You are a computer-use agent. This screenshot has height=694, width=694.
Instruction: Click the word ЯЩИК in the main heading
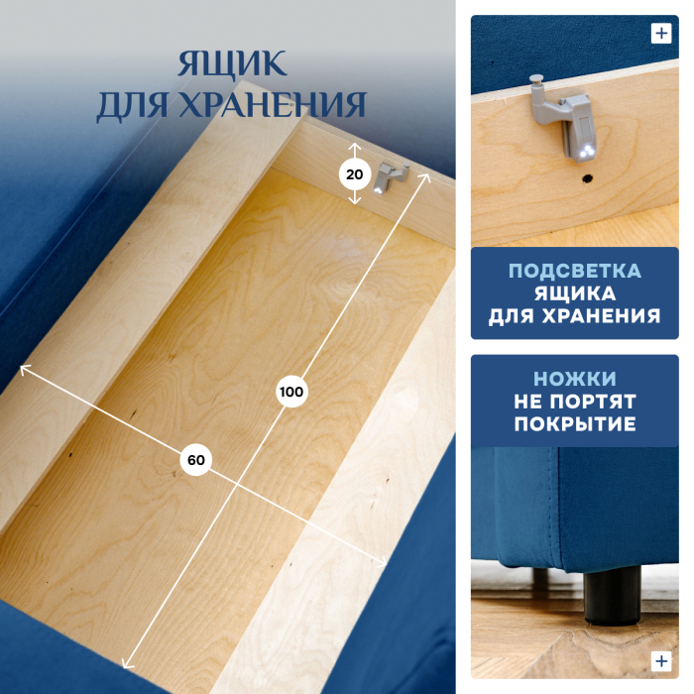click(x=232, y=65)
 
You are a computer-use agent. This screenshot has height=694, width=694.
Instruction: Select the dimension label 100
click(x=290, y=392)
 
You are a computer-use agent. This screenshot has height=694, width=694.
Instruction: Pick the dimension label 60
click(x=195, y=460)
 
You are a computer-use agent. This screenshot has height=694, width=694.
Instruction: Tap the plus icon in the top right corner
click(x=661, y=33)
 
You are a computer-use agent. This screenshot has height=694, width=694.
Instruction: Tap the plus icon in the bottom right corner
click(x=661, y=660)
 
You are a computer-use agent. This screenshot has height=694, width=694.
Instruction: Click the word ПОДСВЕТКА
click(x=574, y=272)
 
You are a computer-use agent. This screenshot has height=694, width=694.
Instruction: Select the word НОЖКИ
click(x=574, y=380)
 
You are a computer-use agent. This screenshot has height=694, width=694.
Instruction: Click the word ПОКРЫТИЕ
click(x=574, y=424)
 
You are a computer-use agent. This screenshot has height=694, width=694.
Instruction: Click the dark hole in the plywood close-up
click(x=587, y=180)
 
